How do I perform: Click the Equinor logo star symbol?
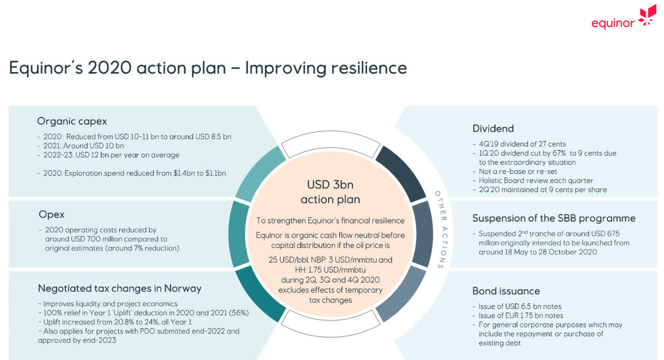pos(647,16)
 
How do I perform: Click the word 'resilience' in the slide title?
pos(369,68)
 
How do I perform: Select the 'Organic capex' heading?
pos(72,121)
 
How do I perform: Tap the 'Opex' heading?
pos(51,214)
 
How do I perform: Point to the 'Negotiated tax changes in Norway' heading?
pos(120,288)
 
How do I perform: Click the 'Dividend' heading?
pos(493,129)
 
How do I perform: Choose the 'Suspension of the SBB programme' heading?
pos(554,218)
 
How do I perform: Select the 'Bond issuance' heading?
pos(506,291)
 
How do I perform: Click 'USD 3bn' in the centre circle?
pos(330,185)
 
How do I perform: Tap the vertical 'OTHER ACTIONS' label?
pos(441,230)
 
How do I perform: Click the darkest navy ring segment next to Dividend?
pos(402,173)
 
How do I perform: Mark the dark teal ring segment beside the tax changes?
pos(260,294)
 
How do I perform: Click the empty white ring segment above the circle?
pos(330,141)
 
